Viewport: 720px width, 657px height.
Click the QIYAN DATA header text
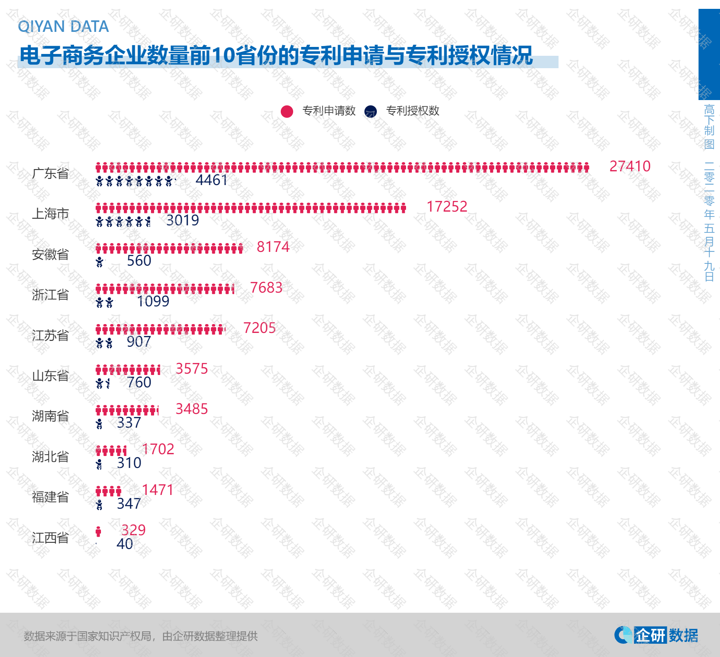coord(63,27)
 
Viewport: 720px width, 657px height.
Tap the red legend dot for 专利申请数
coord(287,112)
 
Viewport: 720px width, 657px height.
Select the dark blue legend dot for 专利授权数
coord(371,112)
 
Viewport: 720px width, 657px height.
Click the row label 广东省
coord(50,174)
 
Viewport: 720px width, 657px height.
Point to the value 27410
coord(630,166)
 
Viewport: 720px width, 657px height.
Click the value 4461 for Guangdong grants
coord(211,180)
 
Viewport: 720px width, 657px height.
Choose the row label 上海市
coord(50,214)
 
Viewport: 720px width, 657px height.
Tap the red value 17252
coord(446,207)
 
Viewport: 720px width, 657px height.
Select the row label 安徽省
coord(50,255)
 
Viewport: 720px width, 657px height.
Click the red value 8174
coord(273,247)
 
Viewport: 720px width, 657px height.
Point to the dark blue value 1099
coord(153,301)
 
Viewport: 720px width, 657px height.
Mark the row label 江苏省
coord(50,336)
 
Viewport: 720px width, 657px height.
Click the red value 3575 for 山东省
coord(191,369)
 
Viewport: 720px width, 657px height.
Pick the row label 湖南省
coord(50,416)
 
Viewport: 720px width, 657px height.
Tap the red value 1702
coord(158,449)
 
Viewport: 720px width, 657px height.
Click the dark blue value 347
coord(129,504)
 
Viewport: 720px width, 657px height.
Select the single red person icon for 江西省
coord(98,531)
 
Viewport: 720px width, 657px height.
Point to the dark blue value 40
coord(124,544)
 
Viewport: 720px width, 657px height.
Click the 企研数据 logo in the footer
coord(656,635)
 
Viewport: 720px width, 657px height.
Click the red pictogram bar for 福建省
coord(108,491)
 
